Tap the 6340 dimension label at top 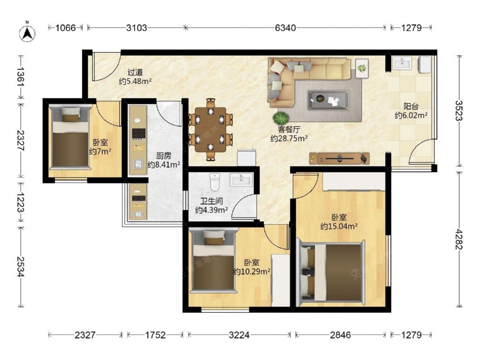click(285, 28)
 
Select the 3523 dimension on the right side click(458, 110)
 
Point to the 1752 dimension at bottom click(155, 335)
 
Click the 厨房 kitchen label click(164, 156)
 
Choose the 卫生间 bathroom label click(211, 201)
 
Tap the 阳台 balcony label click(411, 107)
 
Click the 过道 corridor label click(135, 72)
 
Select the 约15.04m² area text click(339, 227)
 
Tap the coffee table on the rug click(328, 100)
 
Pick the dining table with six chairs click(211, 130)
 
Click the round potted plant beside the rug click(281, 117)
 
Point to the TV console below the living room click(339, 158)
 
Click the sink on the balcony click(402, 63)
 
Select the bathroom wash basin click(241, 180)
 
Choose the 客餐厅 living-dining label click(289, 130)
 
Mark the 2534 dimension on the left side click(21, 266)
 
